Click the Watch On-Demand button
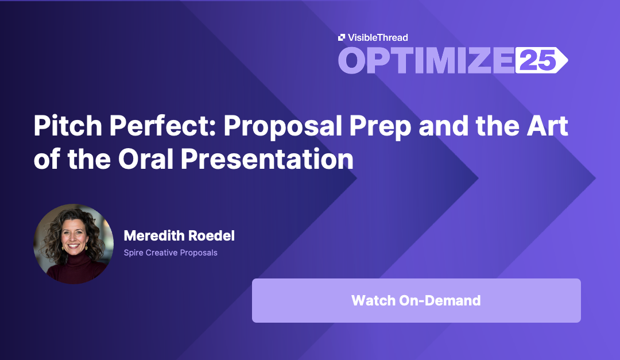tap(416, 300)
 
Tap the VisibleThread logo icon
tap(342, 37)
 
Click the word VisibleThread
tap(378, 37)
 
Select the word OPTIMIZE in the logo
tap(426, 60)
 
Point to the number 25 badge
tap(541, 60)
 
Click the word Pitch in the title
tap(68, 126)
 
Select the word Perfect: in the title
tap(162, 126)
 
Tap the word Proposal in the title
tap(282, 126)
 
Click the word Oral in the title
tap(146, 159)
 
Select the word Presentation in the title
tap(267, 159)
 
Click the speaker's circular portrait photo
tap(73, 243)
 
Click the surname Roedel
tap(209, 236)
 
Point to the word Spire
tap(134, 253)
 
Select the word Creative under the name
tap(161, 253)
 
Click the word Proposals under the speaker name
tap(199, 253)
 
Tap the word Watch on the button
tap(374, 301)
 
